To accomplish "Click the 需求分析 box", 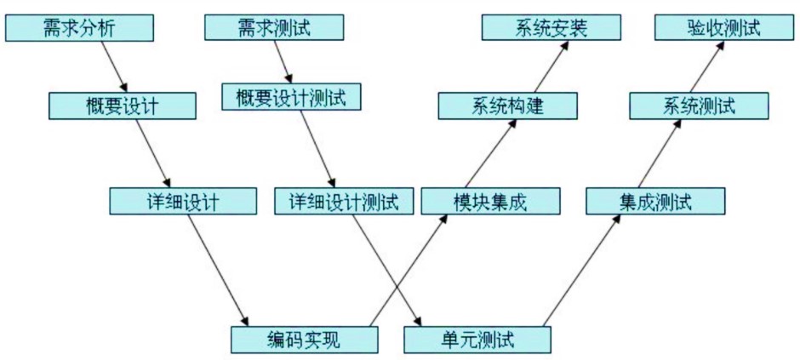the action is click(78, 28).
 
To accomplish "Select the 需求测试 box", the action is click(273, 27).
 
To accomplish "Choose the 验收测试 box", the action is click(723, 27).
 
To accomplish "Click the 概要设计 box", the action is click(123, 106).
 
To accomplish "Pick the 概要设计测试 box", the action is click(291, 96).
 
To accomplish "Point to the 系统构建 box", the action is click(507, 106).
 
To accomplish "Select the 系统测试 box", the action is click(699, 106).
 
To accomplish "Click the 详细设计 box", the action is click(183, 201).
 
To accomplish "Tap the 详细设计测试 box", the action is click(343, 201).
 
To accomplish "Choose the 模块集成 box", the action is click(490, 201).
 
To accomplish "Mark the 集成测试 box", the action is click(655, 201).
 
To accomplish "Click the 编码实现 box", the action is click(305, 340).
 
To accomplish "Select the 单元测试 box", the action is click(477, 340).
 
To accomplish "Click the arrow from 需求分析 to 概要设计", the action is click(114, 66).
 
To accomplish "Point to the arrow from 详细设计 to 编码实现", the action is click(218, 271).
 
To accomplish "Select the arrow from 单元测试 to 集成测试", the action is click(582, 271).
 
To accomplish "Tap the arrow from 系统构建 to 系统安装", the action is click(543, 66).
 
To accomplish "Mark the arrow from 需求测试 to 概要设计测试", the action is click(283, 61).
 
